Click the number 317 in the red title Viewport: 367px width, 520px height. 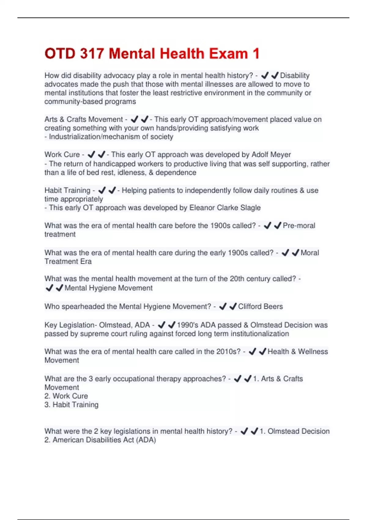[92, 54]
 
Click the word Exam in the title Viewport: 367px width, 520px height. [228, 54]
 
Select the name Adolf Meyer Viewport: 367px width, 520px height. [271, 154]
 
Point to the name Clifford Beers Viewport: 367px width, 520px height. [260, 306]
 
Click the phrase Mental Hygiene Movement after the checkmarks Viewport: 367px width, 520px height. [108, 288]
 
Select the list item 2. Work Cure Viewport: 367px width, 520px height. [66, 396]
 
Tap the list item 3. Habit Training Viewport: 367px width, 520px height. [71, 405]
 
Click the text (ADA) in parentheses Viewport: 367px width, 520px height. [146, 440]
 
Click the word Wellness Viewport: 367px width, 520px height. [313, 352]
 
